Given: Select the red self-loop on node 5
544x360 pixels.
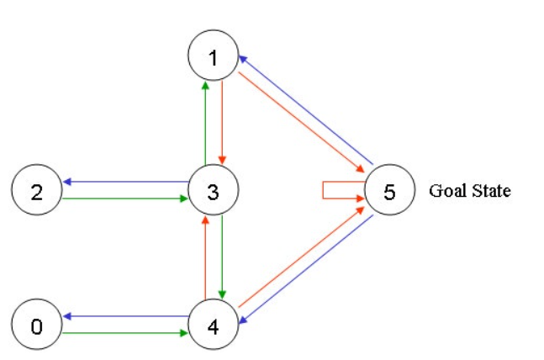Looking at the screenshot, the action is point(323,190).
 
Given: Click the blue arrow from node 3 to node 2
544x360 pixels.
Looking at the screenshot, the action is point(125,182).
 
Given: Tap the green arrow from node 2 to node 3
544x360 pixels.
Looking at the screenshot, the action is point(125,199).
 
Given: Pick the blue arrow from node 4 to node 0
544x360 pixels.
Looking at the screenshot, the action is point(125,316).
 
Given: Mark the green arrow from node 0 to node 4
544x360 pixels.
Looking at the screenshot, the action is point(125,333).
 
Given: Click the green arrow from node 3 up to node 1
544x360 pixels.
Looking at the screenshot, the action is point(205,123).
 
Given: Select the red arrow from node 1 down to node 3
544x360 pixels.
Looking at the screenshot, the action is point(222,123).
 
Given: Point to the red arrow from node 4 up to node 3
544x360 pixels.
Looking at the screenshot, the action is point(205,257).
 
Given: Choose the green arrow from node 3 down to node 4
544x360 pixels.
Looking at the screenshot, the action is point(222,257).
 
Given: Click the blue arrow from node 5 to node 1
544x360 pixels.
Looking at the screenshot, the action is point(306,110).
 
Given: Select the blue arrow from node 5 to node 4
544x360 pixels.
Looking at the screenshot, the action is point(306,269).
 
